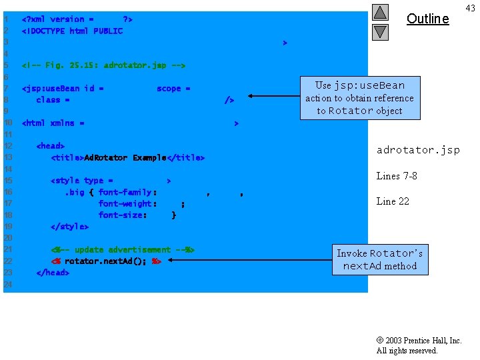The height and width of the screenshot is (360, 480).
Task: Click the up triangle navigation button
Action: pos(380,12)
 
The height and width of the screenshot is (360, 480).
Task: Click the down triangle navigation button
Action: pos(380,31)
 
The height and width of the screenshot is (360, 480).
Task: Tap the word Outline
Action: pos(427,19)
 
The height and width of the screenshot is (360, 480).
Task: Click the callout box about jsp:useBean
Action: pos(359,98)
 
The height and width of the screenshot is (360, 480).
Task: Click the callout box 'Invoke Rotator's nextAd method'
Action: pos(379,259)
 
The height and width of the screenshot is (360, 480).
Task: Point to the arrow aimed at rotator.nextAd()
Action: pos(247,261)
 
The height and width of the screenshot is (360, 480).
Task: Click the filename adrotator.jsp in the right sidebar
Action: pos(418,150)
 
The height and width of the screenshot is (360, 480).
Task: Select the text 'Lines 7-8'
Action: pos(397,176)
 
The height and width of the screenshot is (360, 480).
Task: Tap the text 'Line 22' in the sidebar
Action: pos(393,201)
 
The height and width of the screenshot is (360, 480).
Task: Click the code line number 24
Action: pos(8,285)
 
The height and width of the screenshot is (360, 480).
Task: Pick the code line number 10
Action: pos(8,123)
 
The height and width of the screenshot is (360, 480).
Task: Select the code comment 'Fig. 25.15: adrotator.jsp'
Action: pos(103,65)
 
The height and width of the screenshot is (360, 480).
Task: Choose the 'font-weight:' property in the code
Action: pos(127,203)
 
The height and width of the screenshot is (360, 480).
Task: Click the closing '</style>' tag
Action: pos(69,227)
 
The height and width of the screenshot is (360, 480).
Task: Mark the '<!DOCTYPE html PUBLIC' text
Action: pos(72,31)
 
